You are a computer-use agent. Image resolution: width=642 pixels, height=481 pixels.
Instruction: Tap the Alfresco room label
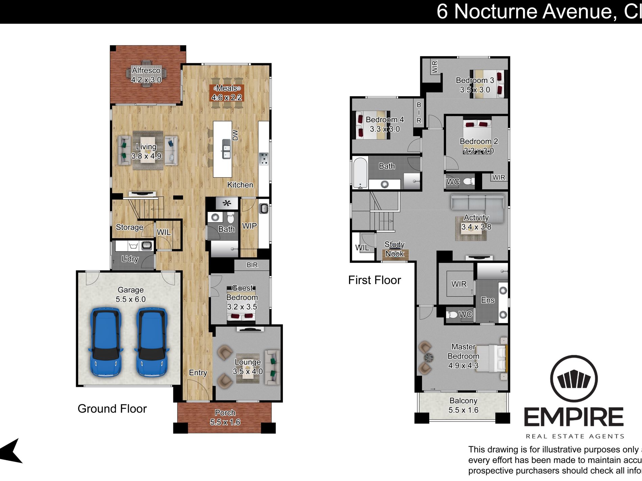[146, 71]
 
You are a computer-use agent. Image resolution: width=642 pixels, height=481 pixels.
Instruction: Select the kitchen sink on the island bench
[226, 149]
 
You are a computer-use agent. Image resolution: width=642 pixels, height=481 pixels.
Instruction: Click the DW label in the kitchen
[236, 135]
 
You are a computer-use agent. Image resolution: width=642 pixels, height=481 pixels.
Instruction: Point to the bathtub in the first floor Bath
[360, 172]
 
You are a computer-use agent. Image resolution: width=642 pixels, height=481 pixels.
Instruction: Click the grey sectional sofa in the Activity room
[477, 203]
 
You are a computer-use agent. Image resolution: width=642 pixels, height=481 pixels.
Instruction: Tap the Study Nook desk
[395, 254]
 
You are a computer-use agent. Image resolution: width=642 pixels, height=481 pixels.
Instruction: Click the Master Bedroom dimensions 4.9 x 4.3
[463, 366]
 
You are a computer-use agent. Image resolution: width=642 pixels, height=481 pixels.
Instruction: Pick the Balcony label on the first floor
[463, 401]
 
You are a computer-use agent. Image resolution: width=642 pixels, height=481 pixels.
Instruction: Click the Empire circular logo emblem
[574, 379]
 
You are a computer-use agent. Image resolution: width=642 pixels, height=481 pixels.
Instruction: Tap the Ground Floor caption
[112, 409]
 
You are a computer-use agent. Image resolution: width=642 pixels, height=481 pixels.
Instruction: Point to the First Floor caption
[374, 280]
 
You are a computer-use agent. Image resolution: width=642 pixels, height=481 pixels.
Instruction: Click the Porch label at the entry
[225, 413]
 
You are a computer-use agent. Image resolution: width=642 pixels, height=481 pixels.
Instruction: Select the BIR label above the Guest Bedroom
[252, 265]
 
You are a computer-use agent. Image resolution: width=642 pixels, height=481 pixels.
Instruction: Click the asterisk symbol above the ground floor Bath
[227, 203]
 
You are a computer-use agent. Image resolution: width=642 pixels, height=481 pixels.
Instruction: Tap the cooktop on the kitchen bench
[264, 159]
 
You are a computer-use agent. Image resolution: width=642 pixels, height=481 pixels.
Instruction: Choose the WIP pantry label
[249, 226]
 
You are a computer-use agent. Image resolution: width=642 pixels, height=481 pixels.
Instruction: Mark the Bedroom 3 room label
[475, 80]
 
